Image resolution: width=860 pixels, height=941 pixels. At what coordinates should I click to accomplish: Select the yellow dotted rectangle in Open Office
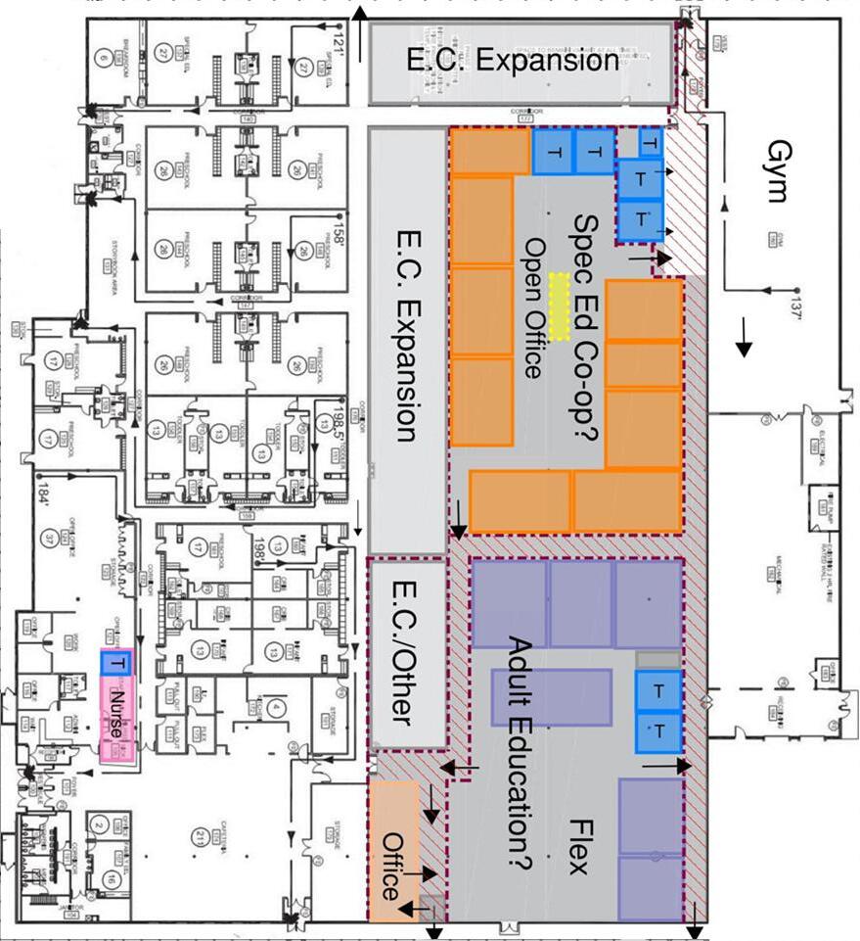click(x=560, y=306)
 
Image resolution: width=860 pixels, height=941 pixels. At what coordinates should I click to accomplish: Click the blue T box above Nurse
click(x=116, y=663)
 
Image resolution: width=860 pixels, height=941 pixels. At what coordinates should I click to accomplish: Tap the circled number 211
click(x=201, y=838)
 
